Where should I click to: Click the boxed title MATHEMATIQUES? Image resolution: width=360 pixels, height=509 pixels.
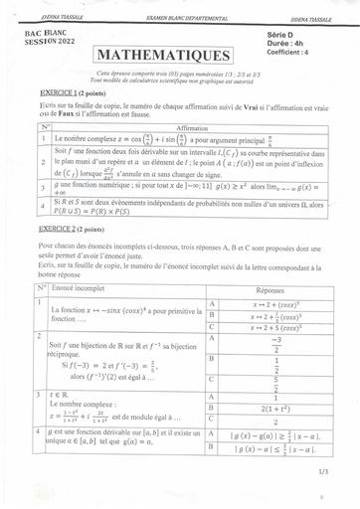(x=171, y=55)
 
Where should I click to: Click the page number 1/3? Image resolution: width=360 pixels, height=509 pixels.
(x=323, y=472)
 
